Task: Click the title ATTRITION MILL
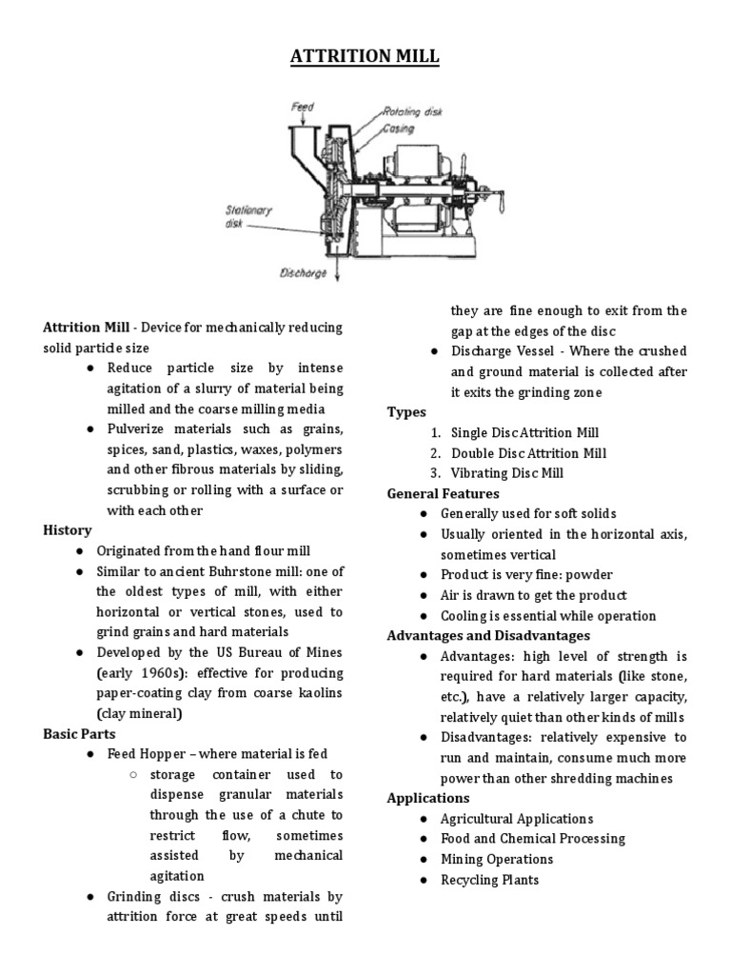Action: [x=365, y=56]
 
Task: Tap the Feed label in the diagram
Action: [x=303, y=108]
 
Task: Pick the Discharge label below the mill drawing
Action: [x=303, y=272]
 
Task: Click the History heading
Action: [x=68, y=530]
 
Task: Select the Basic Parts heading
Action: [x=80, y=733]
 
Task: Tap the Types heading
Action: [x=406, y=412]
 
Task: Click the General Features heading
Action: [x=443, y=493]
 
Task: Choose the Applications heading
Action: [x=428, y=798]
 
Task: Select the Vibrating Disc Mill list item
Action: [x=507, y=473]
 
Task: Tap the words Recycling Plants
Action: [x=489, y=880]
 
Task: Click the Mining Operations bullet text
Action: [x=497, y=859]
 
